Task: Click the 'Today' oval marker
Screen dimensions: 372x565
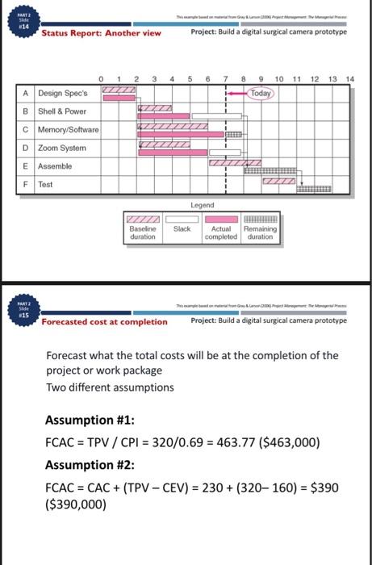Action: click(261, 93)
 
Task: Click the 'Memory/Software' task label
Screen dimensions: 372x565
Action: click(69, 130)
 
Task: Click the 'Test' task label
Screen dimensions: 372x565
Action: click(47, 183)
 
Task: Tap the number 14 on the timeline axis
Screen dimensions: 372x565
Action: click(349, 79)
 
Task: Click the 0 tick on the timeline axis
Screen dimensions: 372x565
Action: click(102, 79)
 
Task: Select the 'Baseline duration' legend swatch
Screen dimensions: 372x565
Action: click(142, 220)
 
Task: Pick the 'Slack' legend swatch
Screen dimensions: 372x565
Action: click(182, 220)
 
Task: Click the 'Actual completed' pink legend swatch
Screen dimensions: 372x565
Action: click(220, 220)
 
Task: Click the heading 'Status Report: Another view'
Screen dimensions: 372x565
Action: click(102, 33)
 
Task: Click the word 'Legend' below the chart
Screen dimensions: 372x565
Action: click(202, 205)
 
